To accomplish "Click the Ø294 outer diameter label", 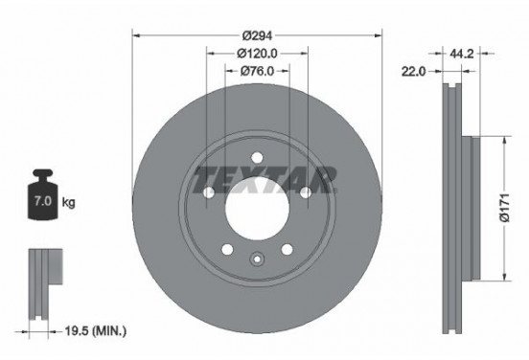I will click(257, 35).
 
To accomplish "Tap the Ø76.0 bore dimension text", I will click(257, 70).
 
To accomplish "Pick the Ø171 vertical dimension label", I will click(515, 209).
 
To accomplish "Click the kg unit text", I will click(69, 204).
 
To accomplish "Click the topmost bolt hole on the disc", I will click(257, 160).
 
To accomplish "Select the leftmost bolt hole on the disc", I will click(209, 194).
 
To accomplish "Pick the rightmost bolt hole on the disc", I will click(305, 194).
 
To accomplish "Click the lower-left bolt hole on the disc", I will click(228, 250).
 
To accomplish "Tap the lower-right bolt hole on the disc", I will click(287, 250).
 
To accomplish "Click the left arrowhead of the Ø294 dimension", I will click(135, 35).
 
